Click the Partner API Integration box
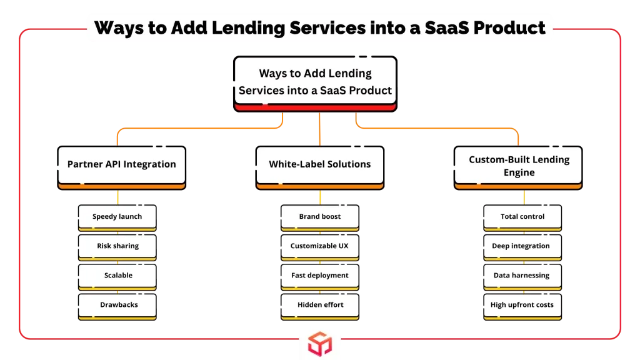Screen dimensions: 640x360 click(x=122, y=167)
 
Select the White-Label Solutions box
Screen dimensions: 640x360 click(x=320, y=167)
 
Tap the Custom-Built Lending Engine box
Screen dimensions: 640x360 click(x=518, y=167)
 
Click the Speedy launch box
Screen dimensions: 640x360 click(x=117, y=218)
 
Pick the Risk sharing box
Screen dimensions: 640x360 click(x=117, y=247)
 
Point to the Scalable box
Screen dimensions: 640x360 click(x=117, y=277)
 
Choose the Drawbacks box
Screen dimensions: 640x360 click(x=117, y=306)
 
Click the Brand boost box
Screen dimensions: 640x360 click(x=320, y=218)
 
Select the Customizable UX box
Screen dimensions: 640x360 click(x=320, y=247)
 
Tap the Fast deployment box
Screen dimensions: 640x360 click(x=320, y=277)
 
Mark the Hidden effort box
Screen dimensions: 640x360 click(x=320, y=306)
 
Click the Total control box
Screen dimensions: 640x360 click(x=522, y=218)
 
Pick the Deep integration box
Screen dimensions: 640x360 click(x=522, y=247)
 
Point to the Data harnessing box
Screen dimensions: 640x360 click(x=522, y=277)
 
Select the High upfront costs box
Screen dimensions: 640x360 click(x=522, y=306)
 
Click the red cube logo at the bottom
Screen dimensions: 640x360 click(x=320, y=344)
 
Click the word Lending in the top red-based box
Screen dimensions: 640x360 click(x=350, y=73)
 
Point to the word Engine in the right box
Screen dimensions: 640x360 click(x=519, y=172)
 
